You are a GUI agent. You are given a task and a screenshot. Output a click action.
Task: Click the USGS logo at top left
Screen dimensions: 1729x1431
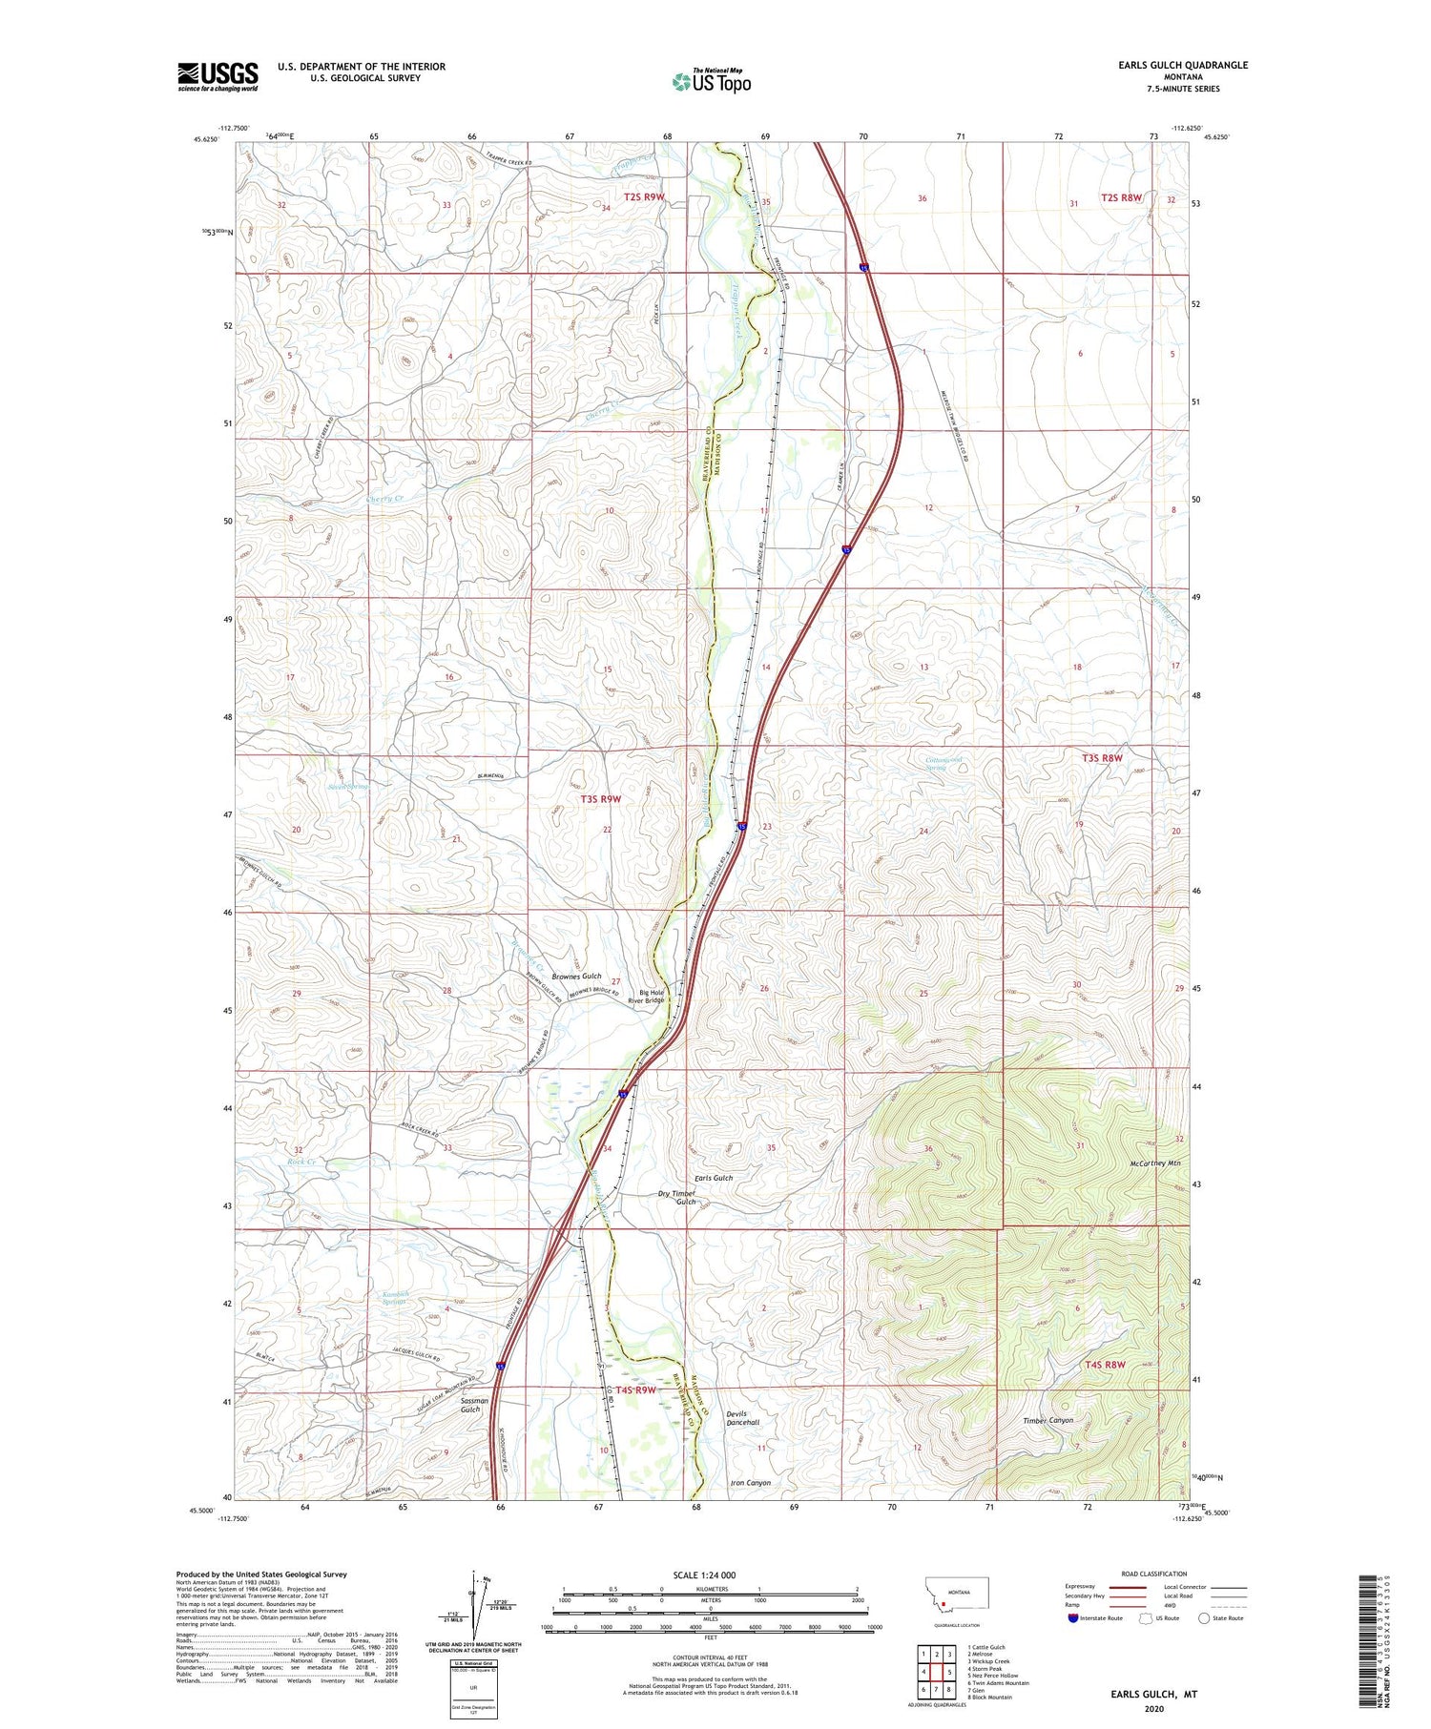point(218,76)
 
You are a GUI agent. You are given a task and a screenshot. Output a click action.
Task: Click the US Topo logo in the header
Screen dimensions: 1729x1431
point(712,82)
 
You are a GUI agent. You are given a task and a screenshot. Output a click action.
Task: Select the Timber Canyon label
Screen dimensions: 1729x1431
point(1047,1420)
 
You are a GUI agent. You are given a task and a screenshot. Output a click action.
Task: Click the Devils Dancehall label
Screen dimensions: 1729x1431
point(741,1417)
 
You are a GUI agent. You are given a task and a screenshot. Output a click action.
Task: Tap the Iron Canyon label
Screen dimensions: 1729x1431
point(750,1483)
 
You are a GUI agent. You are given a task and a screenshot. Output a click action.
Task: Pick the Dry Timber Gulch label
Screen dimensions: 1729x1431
point(677,1198)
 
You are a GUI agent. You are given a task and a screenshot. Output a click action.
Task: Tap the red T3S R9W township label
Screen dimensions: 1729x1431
point(600,798)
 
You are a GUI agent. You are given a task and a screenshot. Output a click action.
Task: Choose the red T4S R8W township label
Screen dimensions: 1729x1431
point(1105,1365)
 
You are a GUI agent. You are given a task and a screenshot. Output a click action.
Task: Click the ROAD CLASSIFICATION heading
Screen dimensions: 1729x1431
point(1154,1574)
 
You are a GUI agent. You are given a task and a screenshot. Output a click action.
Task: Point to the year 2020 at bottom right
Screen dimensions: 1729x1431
point(1152,1708)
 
